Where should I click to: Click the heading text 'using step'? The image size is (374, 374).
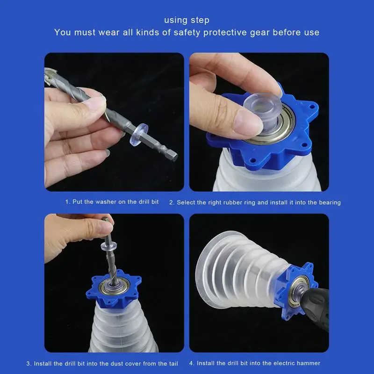[187, 20]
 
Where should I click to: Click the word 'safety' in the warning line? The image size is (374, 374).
[187, 32]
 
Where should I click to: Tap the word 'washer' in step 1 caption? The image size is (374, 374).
[106, 202]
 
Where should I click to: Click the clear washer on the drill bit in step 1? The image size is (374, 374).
[139, 134]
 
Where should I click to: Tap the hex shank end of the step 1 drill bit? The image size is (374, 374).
[173, 156]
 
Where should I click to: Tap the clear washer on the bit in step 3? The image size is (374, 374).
[109, 246]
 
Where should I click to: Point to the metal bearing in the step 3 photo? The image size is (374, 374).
[115, 286]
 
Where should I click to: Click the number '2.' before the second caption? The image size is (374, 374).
[172, 203]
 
